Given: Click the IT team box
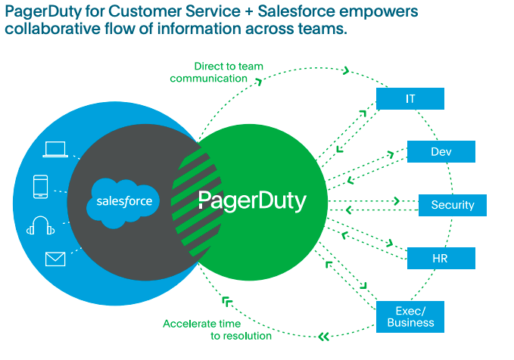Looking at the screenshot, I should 410,99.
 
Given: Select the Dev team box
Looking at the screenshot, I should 441,152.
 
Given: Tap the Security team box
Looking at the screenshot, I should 452,205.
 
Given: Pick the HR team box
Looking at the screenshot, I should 441,258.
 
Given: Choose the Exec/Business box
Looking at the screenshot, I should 410,316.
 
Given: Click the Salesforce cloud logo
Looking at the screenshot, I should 124,201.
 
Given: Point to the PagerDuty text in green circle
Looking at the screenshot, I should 252,201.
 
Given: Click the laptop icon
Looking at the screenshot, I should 56,150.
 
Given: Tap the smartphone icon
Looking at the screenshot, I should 42,187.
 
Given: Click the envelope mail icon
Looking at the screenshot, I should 55,259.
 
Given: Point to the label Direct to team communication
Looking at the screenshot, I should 217,72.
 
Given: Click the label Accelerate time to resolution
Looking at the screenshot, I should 217,330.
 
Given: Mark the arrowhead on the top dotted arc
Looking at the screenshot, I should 345,71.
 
